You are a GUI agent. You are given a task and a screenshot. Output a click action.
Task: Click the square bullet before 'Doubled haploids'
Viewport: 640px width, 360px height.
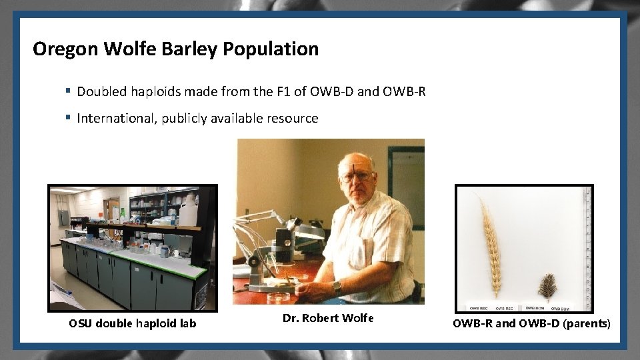coord(68,91)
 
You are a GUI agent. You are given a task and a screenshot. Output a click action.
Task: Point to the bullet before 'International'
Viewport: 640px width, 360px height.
coord(68,118)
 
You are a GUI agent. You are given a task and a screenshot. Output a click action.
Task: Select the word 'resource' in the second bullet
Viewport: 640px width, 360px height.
coord(293,118)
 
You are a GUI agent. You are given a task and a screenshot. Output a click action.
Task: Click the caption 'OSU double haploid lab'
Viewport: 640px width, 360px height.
coord(133,323)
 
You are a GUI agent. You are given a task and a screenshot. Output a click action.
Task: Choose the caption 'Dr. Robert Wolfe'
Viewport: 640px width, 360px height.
coord(328,318)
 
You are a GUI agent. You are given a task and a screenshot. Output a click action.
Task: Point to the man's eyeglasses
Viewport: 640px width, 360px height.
coord(356,177)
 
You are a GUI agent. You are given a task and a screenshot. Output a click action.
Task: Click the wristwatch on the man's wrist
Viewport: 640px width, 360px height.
coord(337,287)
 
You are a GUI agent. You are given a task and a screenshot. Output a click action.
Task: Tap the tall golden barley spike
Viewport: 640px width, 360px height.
coord(491,247)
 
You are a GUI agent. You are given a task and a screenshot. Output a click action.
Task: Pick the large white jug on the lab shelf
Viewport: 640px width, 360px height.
coord(188,212)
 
